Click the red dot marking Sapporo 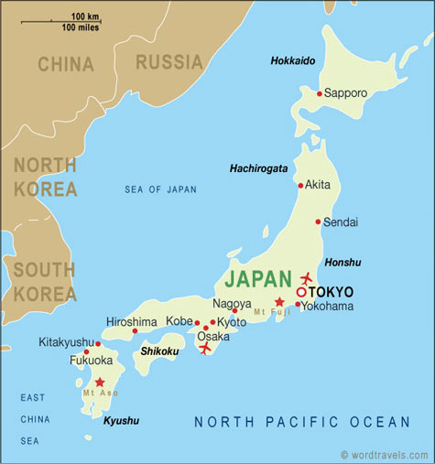319,93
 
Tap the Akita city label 318,184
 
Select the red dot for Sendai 318,221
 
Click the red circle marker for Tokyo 301,292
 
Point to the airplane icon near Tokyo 306,277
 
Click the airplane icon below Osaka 204,349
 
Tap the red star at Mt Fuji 279,302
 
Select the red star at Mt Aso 100,383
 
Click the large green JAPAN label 259,277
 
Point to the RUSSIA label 169,62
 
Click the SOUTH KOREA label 45,281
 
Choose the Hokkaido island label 293,60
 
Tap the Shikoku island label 160,351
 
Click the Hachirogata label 258,169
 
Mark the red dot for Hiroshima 135,330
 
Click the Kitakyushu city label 66,342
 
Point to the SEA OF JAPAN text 160,189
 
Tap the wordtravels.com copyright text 385,455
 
